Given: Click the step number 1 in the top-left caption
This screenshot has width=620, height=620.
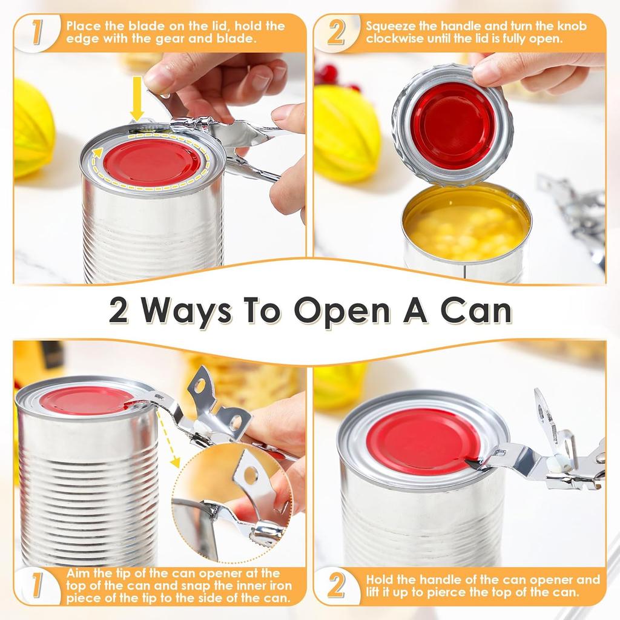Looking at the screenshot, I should coord(37,33).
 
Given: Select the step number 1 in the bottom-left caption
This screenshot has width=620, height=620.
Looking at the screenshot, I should coord(37,585).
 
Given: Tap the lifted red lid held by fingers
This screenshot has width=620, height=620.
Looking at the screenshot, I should coord(452,125).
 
